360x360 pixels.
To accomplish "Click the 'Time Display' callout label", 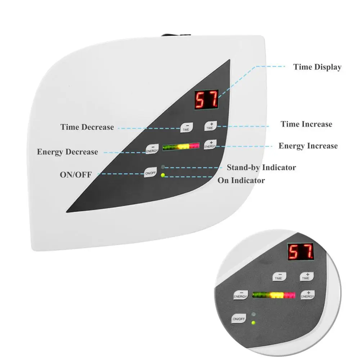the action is coord(317,67).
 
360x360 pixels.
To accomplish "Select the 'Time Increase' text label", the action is coord(306,124).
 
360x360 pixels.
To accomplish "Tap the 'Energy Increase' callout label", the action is coord(308,146).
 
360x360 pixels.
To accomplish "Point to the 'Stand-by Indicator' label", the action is coord(261,167).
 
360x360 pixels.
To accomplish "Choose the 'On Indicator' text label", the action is coord(241,180).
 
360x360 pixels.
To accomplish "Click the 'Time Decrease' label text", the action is coord(87,127).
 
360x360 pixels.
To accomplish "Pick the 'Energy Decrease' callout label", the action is coord(67,152).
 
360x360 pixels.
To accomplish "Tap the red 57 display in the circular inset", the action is coord(300,252).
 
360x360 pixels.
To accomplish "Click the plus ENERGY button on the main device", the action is coord(211,145).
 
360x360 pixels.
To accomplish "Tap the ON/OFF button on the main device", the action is coord(150,173).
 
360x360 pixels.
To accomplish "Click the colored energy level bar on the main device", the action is coord(181,147).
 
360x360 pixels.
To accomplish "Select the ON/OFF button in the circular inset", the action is coord(239,319).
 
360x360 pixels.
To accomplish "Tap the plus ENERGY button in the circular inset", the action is coord(307,295).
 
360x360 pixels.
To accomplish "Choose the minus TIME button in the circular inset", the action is coord(279,277).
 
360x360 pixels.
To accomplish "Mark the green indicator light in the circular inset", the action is coord(253,322).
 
